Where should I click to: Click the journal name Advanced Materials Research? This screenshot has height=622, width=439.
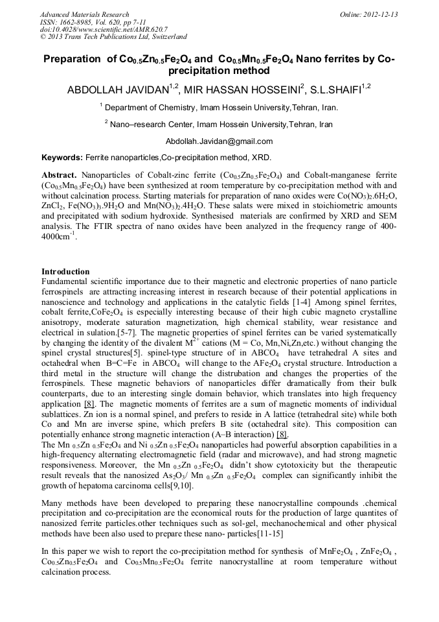[x=84, y=14]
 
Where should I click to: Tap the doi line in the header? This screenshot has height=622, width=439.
[x=104, y=30]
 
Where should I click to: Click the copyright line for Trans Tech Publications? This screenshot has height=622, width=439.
[x=113, y=38]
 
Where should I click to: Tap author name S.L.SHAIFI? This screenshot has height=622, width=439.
[x=340, y=90]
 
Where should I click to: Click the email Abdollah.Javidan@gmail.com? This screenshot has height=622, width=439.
[x=219, y=141]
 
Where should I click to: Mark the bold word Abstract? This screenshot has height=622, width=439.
[x=59, y=176]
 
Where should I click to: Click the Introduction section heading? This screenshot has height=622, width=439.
[x=65, y=272]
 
